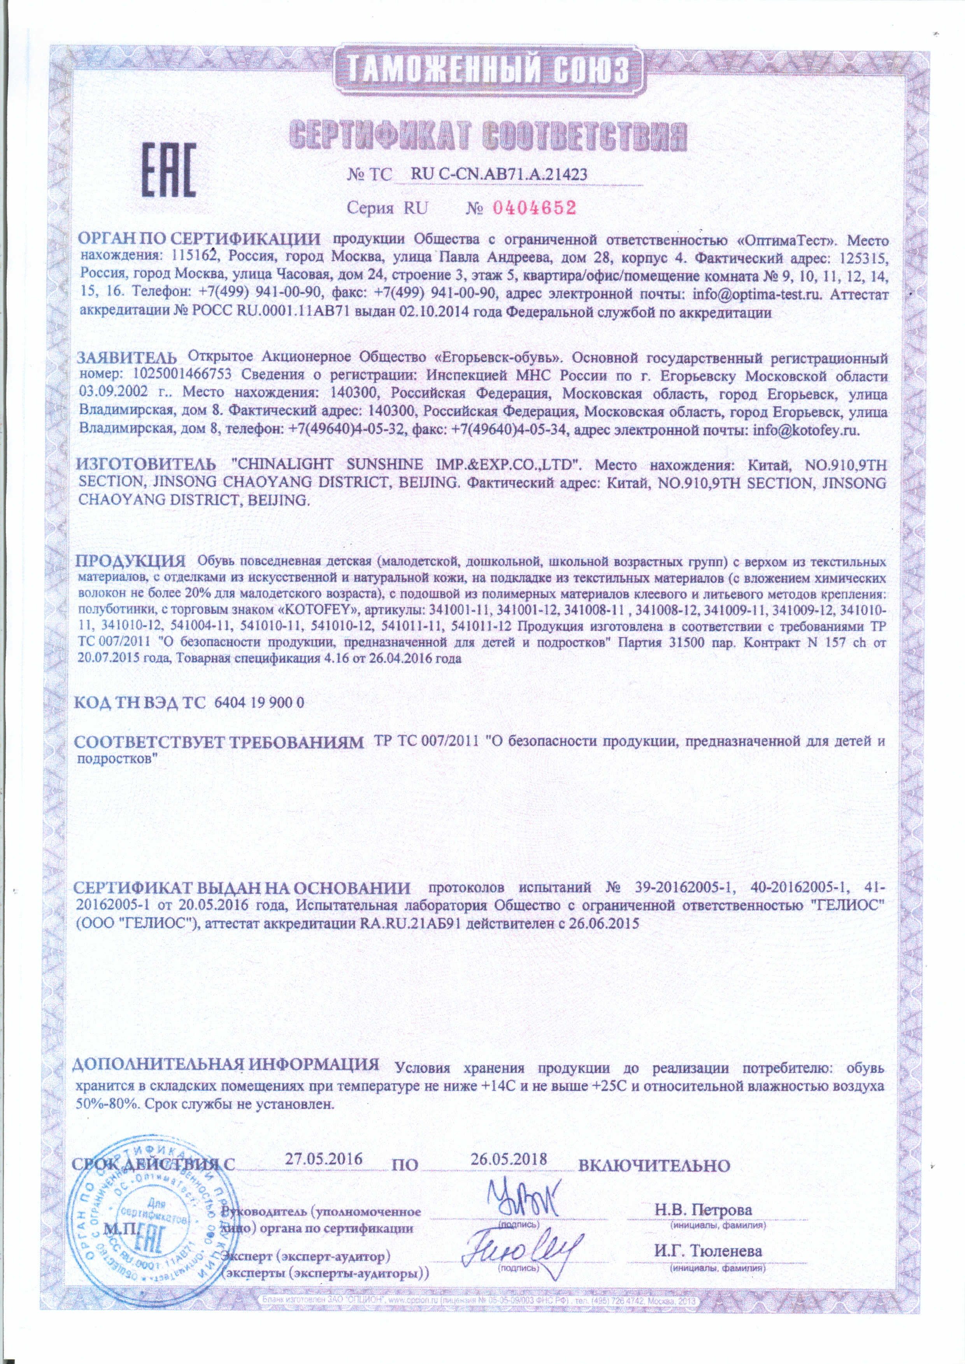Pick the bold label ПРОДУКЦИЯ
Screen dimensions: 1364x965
131,561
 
